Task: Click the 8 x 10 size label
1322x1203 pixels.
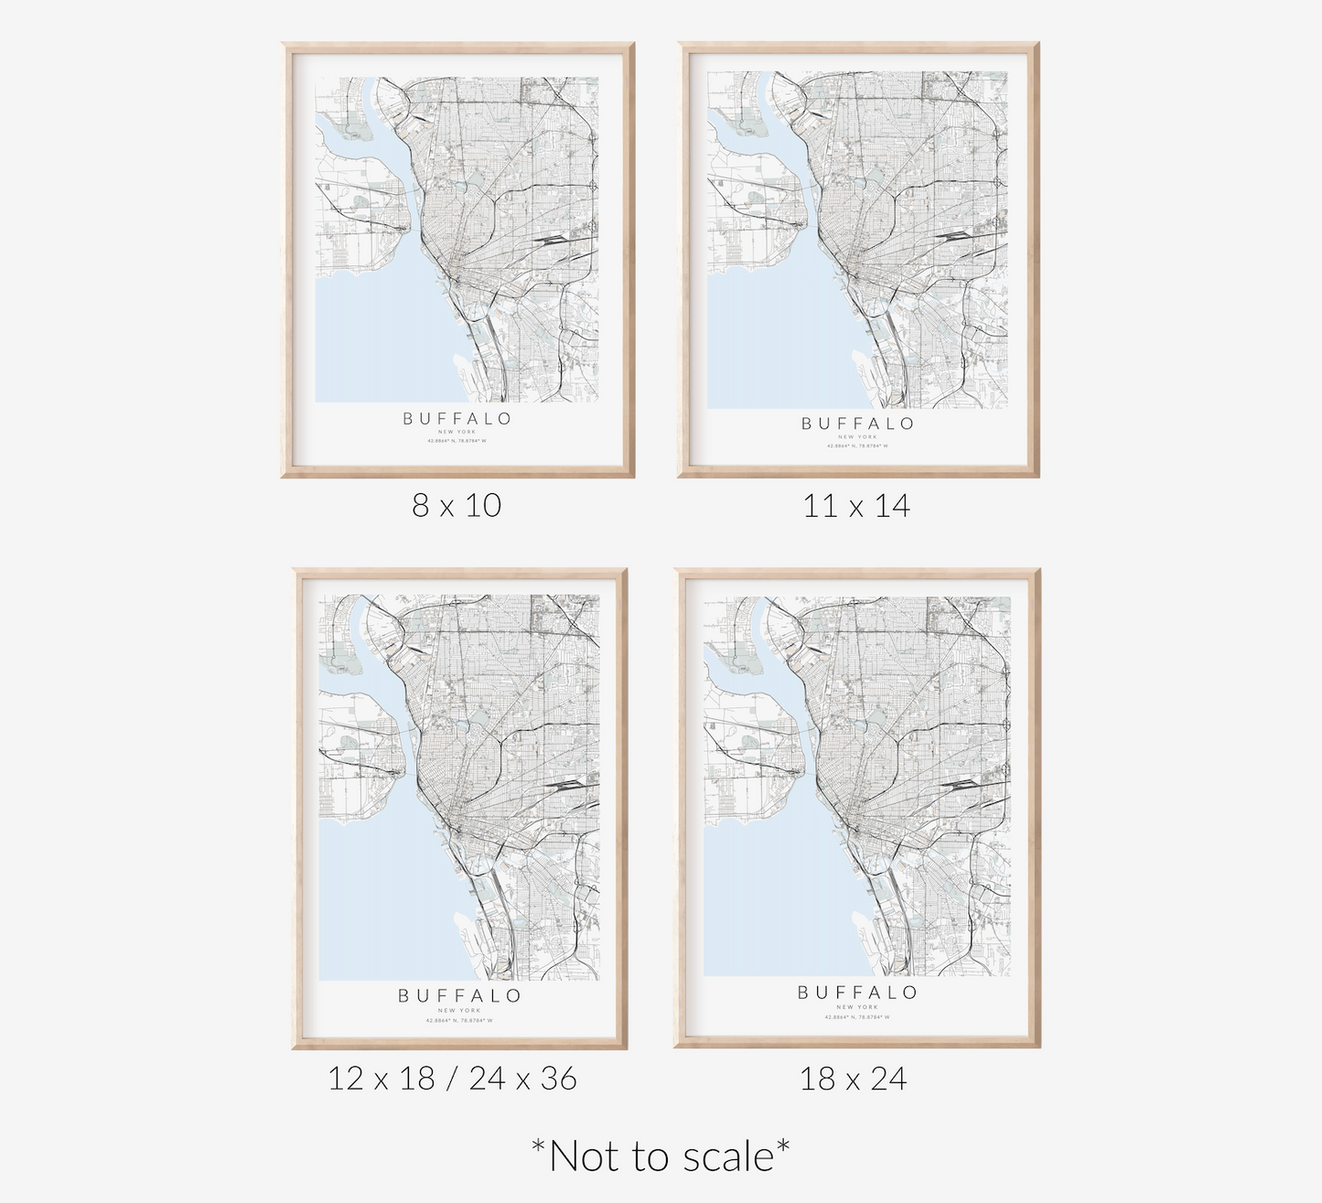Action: pos(457,505)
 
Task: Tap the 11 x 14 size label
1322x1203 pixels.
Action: pos(856,506)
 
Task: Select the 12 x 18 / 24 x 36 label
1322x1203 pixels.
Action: pos(453,1079)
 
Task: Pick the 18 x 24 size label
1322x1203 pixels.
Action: pos(853,1079)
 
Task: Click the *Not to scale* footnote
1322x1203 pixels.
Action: pos(661,1156)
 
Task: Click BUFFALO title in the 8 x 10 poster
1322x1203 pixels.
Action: pos(457,419)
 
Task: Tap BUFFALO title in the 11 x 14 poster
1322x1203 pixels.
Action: pos(857,424)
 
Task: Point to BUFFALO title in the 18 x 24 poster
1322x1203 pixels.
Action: pos(857,993)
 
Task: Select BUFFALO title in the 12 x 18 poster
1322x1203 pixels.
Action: pos(459,996)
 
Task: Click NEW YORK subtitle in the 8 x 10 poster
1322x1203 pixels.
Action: pos(457,432)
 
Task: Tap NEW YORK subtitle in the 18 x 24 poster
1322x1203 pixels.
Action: pos(857,1007)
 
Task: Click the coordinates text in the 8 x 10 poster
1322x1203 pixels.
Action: pos(457,441)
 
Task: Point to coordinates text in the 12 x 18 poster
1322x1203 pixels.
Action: pos(459,1020)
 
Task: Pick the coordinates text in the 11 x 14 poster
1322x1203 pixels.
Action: pos(857,446)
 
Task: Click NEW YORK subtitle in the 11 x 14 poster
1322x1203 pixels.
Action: pos(857,437)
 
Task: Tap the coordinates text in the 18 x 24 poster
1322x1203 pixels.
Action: pos(857,1016)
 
